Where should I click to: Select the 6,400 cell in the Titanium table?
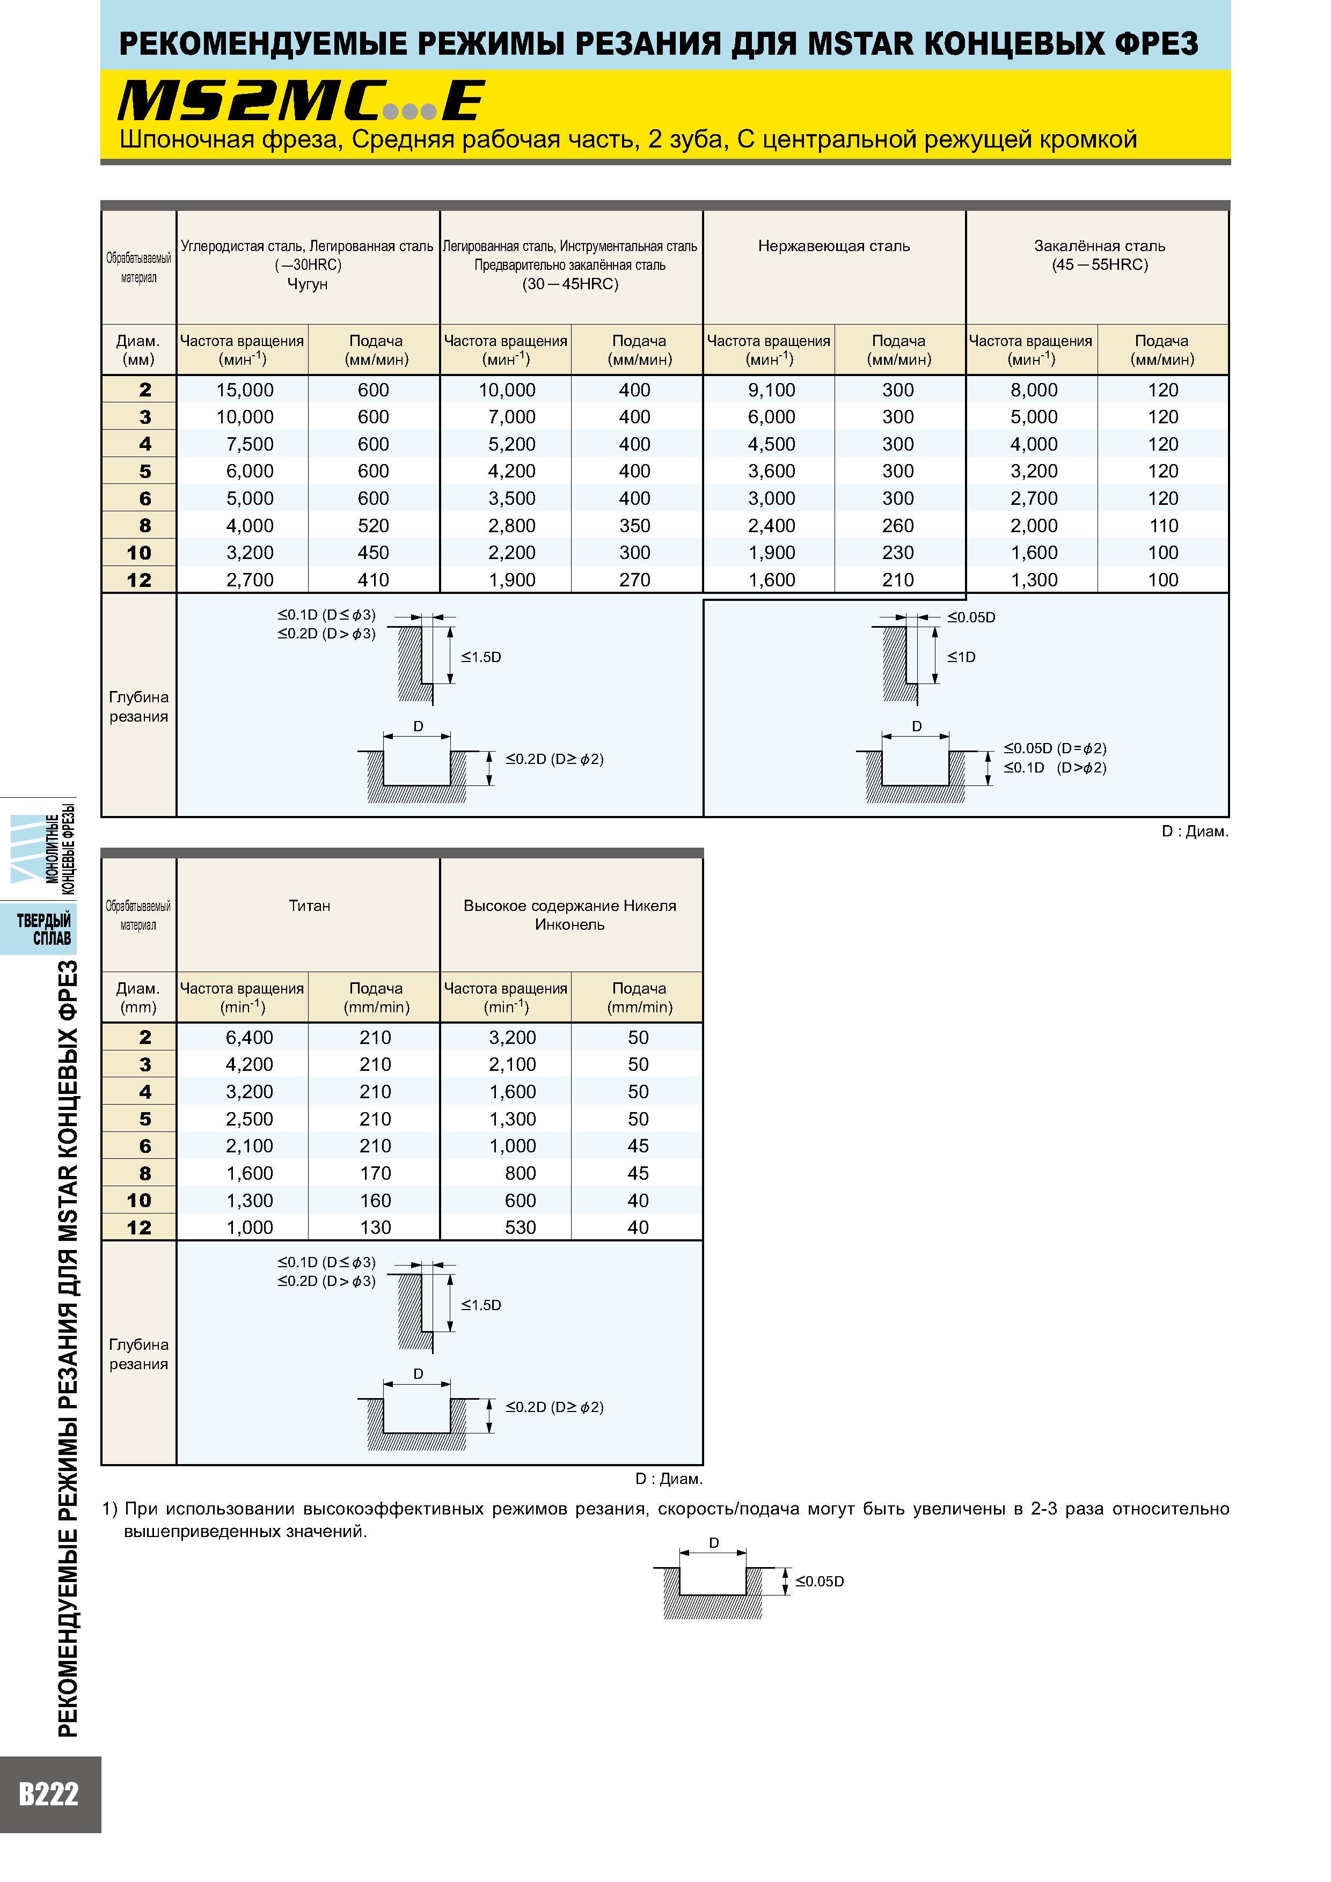click(x=250, y=1038)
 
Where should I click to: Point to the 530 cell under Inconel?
click(x=520, y=1227)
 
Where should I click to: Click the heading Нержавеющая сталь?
click(x=834, y=246)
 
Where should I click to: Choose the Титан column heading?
click(x=309, y=905)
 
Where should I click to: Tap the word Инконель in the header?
click(x=569, y=924)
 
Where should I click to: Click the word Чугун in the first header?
click(x=308, y=284)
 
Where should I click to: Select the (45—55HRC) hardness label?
click(x=1100, y=265)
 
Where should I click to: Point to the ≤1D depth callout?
click(x=961, y=657)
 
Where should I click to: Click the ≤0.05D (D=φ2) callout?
click(x=1055, y=748)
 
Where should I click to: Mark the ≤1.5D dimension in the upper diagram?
click(x=480, y=657)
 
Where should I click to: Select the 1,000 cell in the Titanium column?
click(x=250, y=1227)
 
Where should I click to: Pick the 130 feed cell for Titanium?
click(x=375, y=1227)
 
